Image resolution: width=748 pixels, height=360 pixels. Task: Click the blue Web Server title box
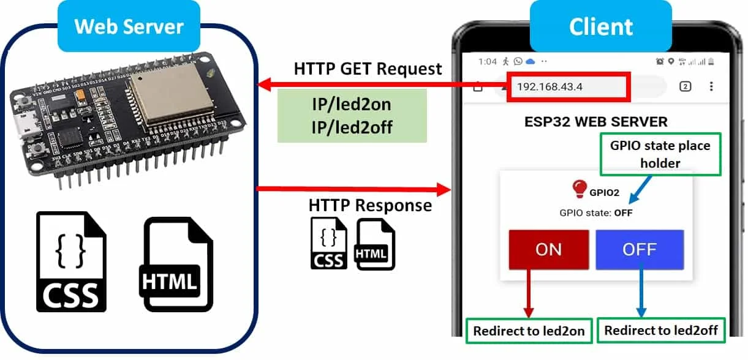pyautogui.click(x=129, y=26)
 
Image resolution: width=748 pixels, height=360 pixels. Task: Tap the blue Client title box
pyautogui.click(x=600, y=26)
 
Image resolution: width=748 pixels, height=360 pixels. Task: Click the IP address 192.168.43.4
pyautogui.click(x=550, y=86)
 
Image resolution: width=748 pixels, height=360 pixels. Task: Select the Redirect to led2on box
pyautogui.click(x=529, y=331)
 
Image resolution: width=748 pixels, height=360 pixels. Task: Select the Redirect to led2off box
pyautogui.click(x=660, y=331)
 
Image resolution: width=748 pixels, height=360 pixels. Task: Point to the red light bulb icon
pyautogui.click(x=579, y=189)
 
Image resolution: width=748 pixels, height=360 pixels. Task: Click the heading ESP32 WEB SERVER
pyautogui.click(x=595, y=121)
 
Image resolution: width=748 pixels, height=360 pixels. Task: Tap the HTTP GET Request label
pyautogui.click(x=368, y=69)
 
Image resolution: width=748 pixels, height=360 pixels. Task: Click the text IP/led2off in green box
pyautogui.click(x=351, y=127)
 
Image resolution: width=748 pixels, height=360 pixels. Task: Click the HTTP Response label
pyautogui.click(x=370, y=205)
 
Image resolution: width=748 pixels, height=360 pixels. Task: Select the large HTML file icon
pyautogui.click(x=177, y=264)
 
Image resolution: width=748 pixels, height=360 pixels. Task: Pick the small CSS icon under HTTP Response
pyautogui.click(x=328, y=244)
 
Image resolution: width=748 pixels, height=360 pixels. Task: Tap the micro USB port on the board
pyautogui.click(x=28, y=126)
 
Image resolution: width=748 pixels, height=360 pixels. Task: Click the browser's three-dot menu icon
pyautogui.click(x=711, y=86)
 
